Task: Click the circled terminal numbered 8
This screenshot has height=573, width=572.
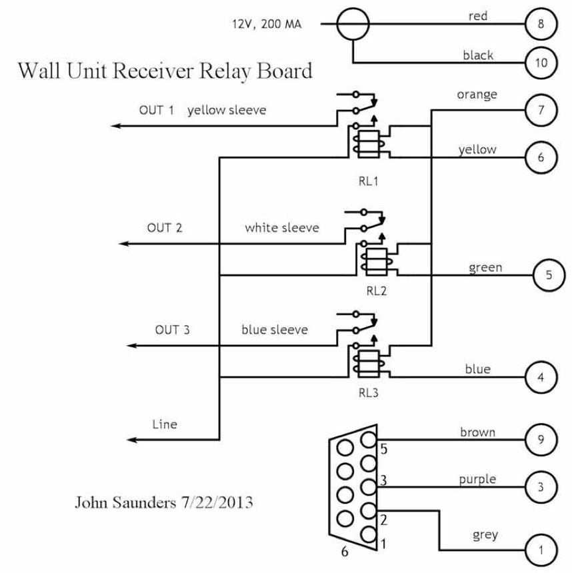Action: [x=540, y=25]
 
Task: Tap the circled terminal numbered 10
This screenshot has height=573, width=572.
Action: [x=540, y=63]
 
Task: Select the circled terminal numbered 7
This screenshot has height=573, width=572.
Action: [x=540, y=109]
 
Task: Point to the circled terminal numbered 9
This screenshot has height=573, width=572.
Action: [x=540, y=440]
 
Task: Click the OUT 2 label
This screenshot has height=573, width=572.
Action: [x=165, y=227]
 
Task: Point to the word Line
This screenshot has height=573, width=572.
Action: [x=165, y=424]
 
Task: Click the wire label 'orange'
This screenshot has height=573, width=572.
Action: [x=477, y=95]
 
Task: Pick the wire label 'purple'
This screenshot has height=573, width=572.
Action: [x=478, y=479]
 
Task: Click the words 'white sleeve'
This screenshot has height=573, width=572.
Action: [x=281, y=228]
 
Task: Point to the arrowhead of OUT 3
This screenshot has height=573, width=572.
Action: [x=131, y=346]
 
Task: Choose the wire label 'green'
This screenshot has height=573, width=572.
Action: [x=485, y=268]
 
